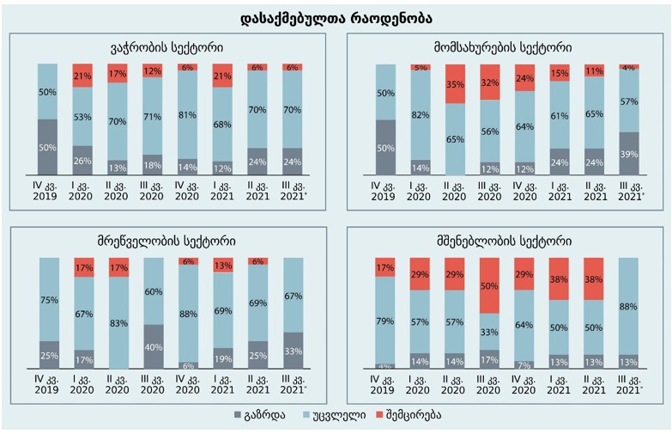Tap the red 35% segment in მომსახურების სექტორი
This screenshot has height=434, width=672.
456,84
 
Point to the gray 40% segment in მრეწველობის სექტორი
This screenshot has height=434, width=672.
153,347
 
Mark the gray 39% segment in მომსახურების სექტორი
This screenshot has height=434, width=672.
629,153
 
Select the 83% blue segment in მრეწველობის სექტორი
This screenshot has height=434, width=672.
118,322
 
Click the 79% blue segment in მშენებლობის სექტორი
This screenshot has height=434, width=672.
385,321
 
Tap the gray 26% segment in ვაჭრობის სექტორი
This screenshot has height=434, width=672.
82,160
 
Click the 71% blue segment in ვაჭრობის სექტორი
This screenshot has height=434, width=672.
153,116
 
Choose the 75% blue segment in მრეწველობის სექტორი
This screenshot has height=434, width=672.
48,299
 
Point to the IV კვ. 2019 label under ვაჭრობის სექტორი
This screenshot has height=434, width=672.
48,190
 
